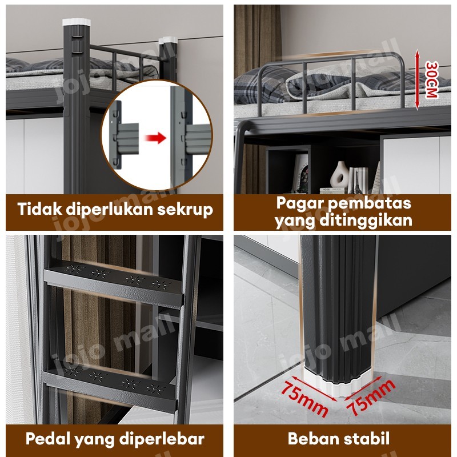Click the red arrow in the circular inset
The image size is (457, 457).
click(154, 138)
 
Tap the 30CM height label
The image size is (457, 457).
click(431, 79)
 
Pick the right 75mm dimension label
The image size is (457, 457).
click(372, 396)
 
